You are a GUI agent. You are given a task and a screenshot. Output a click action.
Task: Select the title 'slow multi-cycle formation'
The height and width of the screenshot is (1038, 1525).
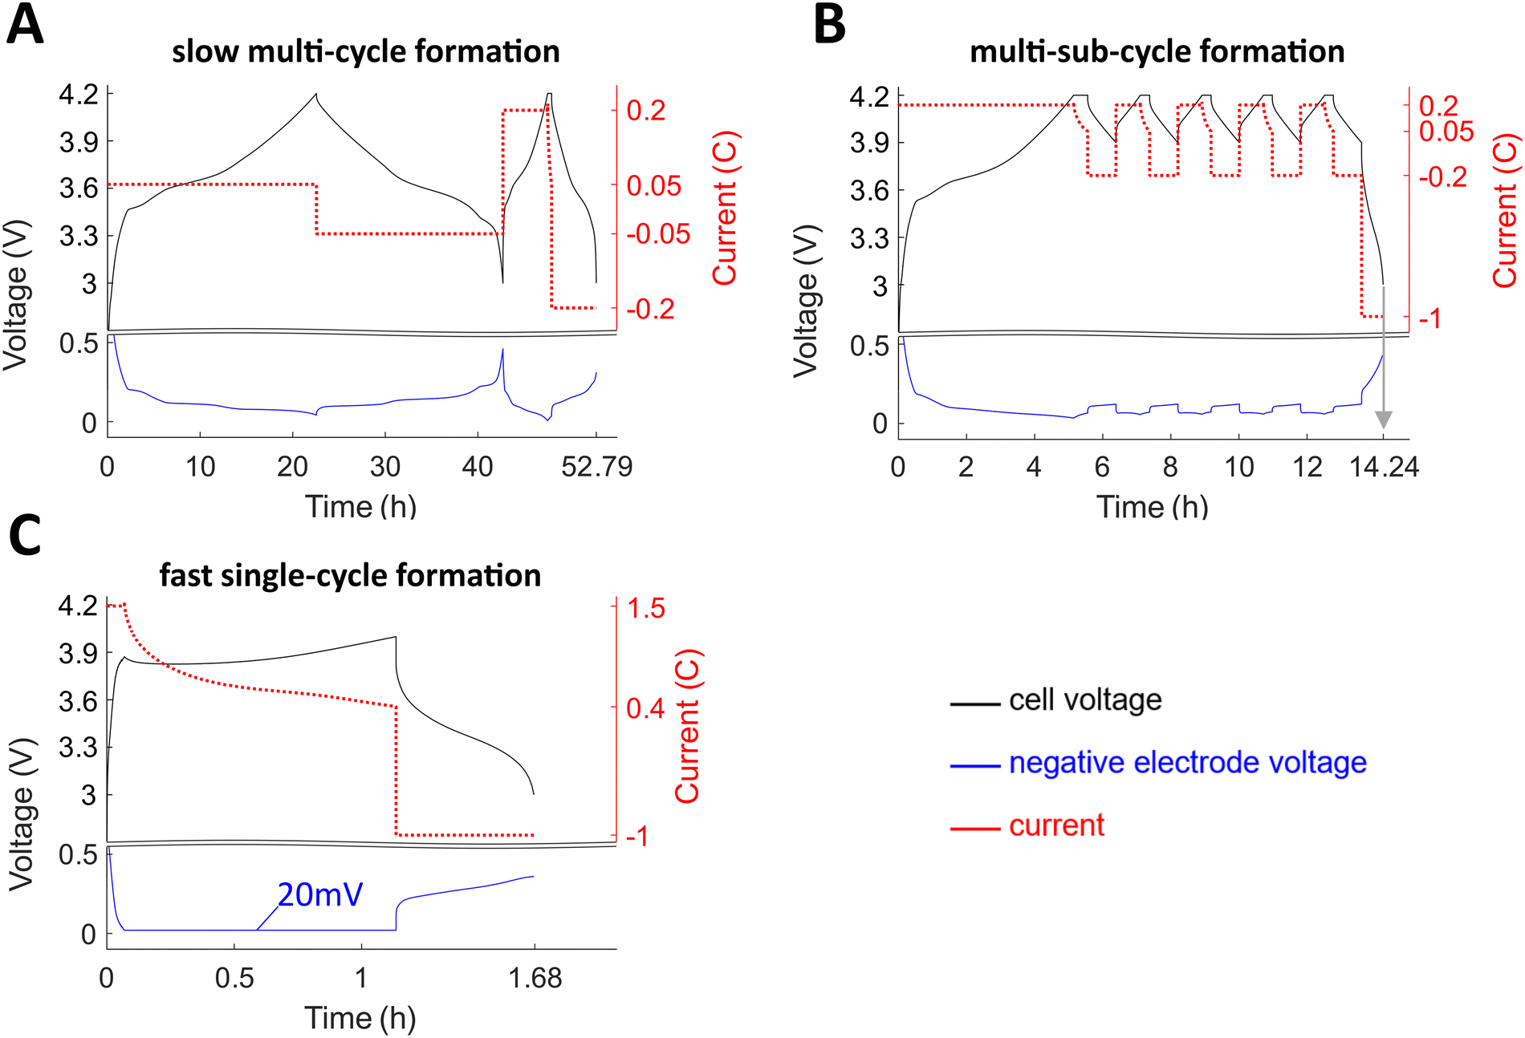[x=365, y=51]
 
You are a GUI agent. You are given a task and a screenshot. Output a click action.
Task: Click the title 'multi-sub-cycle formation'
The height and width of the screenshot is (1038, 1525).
[x=1157, y=51]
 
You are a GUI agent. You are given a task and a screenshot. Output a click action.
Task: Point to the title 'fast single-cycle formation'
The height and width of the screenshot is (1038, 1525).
[x=350, y=575]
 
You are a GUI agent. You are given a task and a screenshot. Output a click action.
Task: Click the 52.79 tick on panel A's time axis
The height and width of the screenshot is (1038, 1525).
[x=596, y=466]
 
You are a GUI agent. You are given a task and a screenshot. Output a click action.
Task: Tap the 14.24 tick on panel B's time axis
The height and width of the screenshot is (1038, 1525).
[x=1384, y=466]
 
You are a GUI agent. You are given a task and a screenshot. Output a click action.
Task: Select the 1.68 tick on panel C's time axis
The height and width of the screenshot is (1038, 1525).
[x=535, y=978]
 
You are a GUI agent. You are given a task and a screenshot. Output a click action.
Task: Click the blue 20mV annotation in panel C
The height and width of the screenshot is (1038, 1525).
[x=320, y=894]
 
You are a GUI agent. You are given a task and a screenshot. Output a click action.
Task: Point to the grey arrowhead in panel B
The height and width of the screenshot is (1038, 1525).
[x=1383, y=420]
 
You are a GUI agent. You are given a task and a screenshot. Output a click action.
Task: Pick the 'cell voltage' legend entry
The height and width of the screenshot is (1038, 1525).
[x=1084, y=700]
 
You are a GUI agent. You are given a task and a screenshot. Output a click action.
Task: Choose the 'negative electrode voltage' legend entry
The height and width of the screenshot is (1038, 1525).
[x=1186, y=762]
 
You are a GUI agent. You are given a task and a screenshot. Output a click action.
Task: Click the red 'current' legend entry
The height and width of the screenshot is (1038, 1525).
[x=1055, y=825]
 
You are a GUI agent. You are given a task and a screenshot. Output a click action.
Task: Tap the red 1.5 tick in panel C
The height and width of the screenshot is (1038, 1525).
[x=646, y=608]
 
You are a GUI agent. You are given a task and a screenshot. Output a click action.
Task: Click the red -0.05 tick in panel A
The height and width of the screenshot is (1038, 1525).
[x=657, y=234]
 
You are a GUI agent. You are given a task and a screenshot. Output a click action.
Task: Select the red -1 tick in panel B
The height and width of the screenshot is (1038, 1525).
[x=1430, y=319]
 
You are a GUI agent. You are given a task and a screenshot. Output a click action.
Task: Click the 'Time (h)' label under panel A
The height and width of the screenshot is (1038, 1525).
[x=360, y=507]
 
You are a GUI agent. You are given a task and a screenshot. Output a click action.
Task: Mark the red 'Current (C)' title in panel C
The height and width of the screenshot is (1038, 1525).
[x=688, y=726]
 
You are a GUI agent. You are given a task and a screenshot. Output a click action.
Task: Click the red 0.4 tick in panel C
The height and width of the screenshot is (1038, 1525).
[x=646, y=708]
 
